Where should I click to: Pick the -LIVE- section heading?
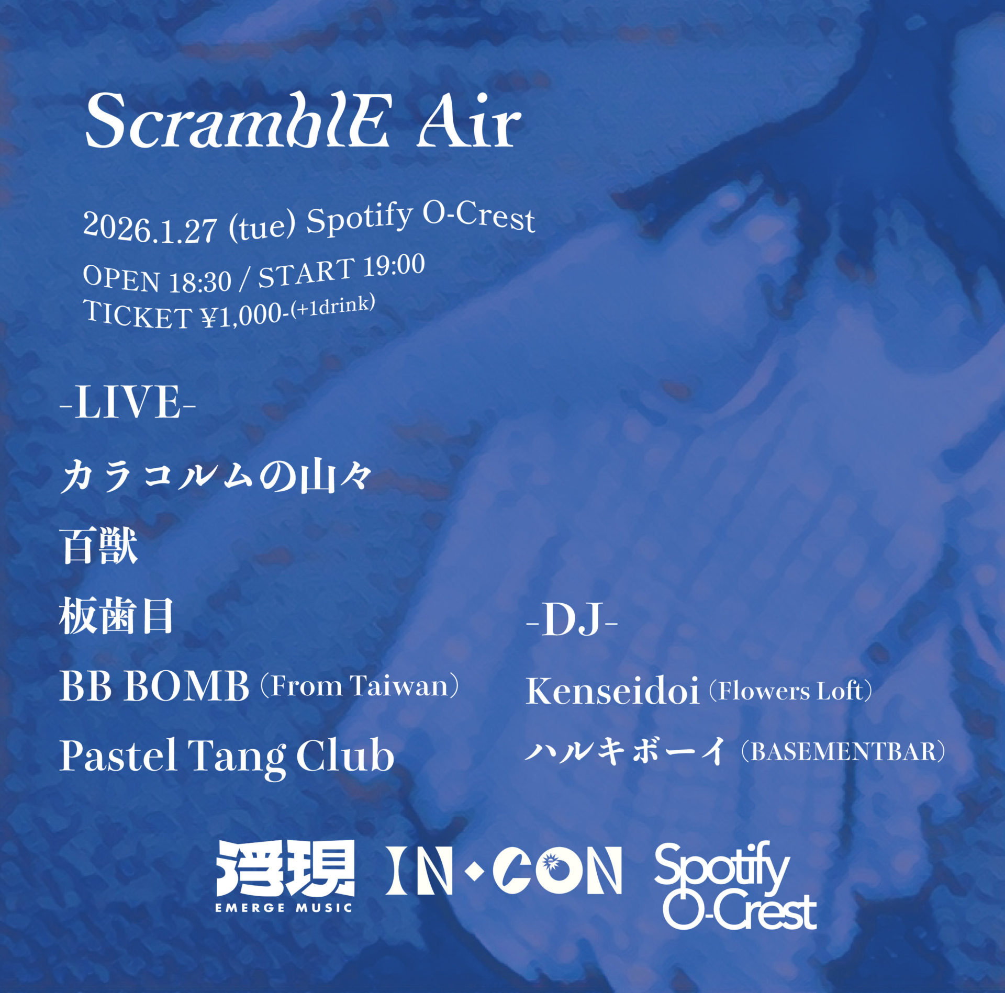coord(128,403)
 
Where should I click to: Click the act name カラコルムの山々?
coord(216,477)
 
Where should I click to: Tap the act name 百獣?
coord(99,546)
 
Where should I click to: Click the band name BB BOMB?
coord(154,686)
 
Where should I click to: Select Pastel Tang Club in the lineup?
coord(227,757)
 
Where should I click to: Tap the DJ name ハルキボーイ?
coord(626,751)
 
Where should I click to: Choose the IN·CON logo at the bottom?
coord(504,871)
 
